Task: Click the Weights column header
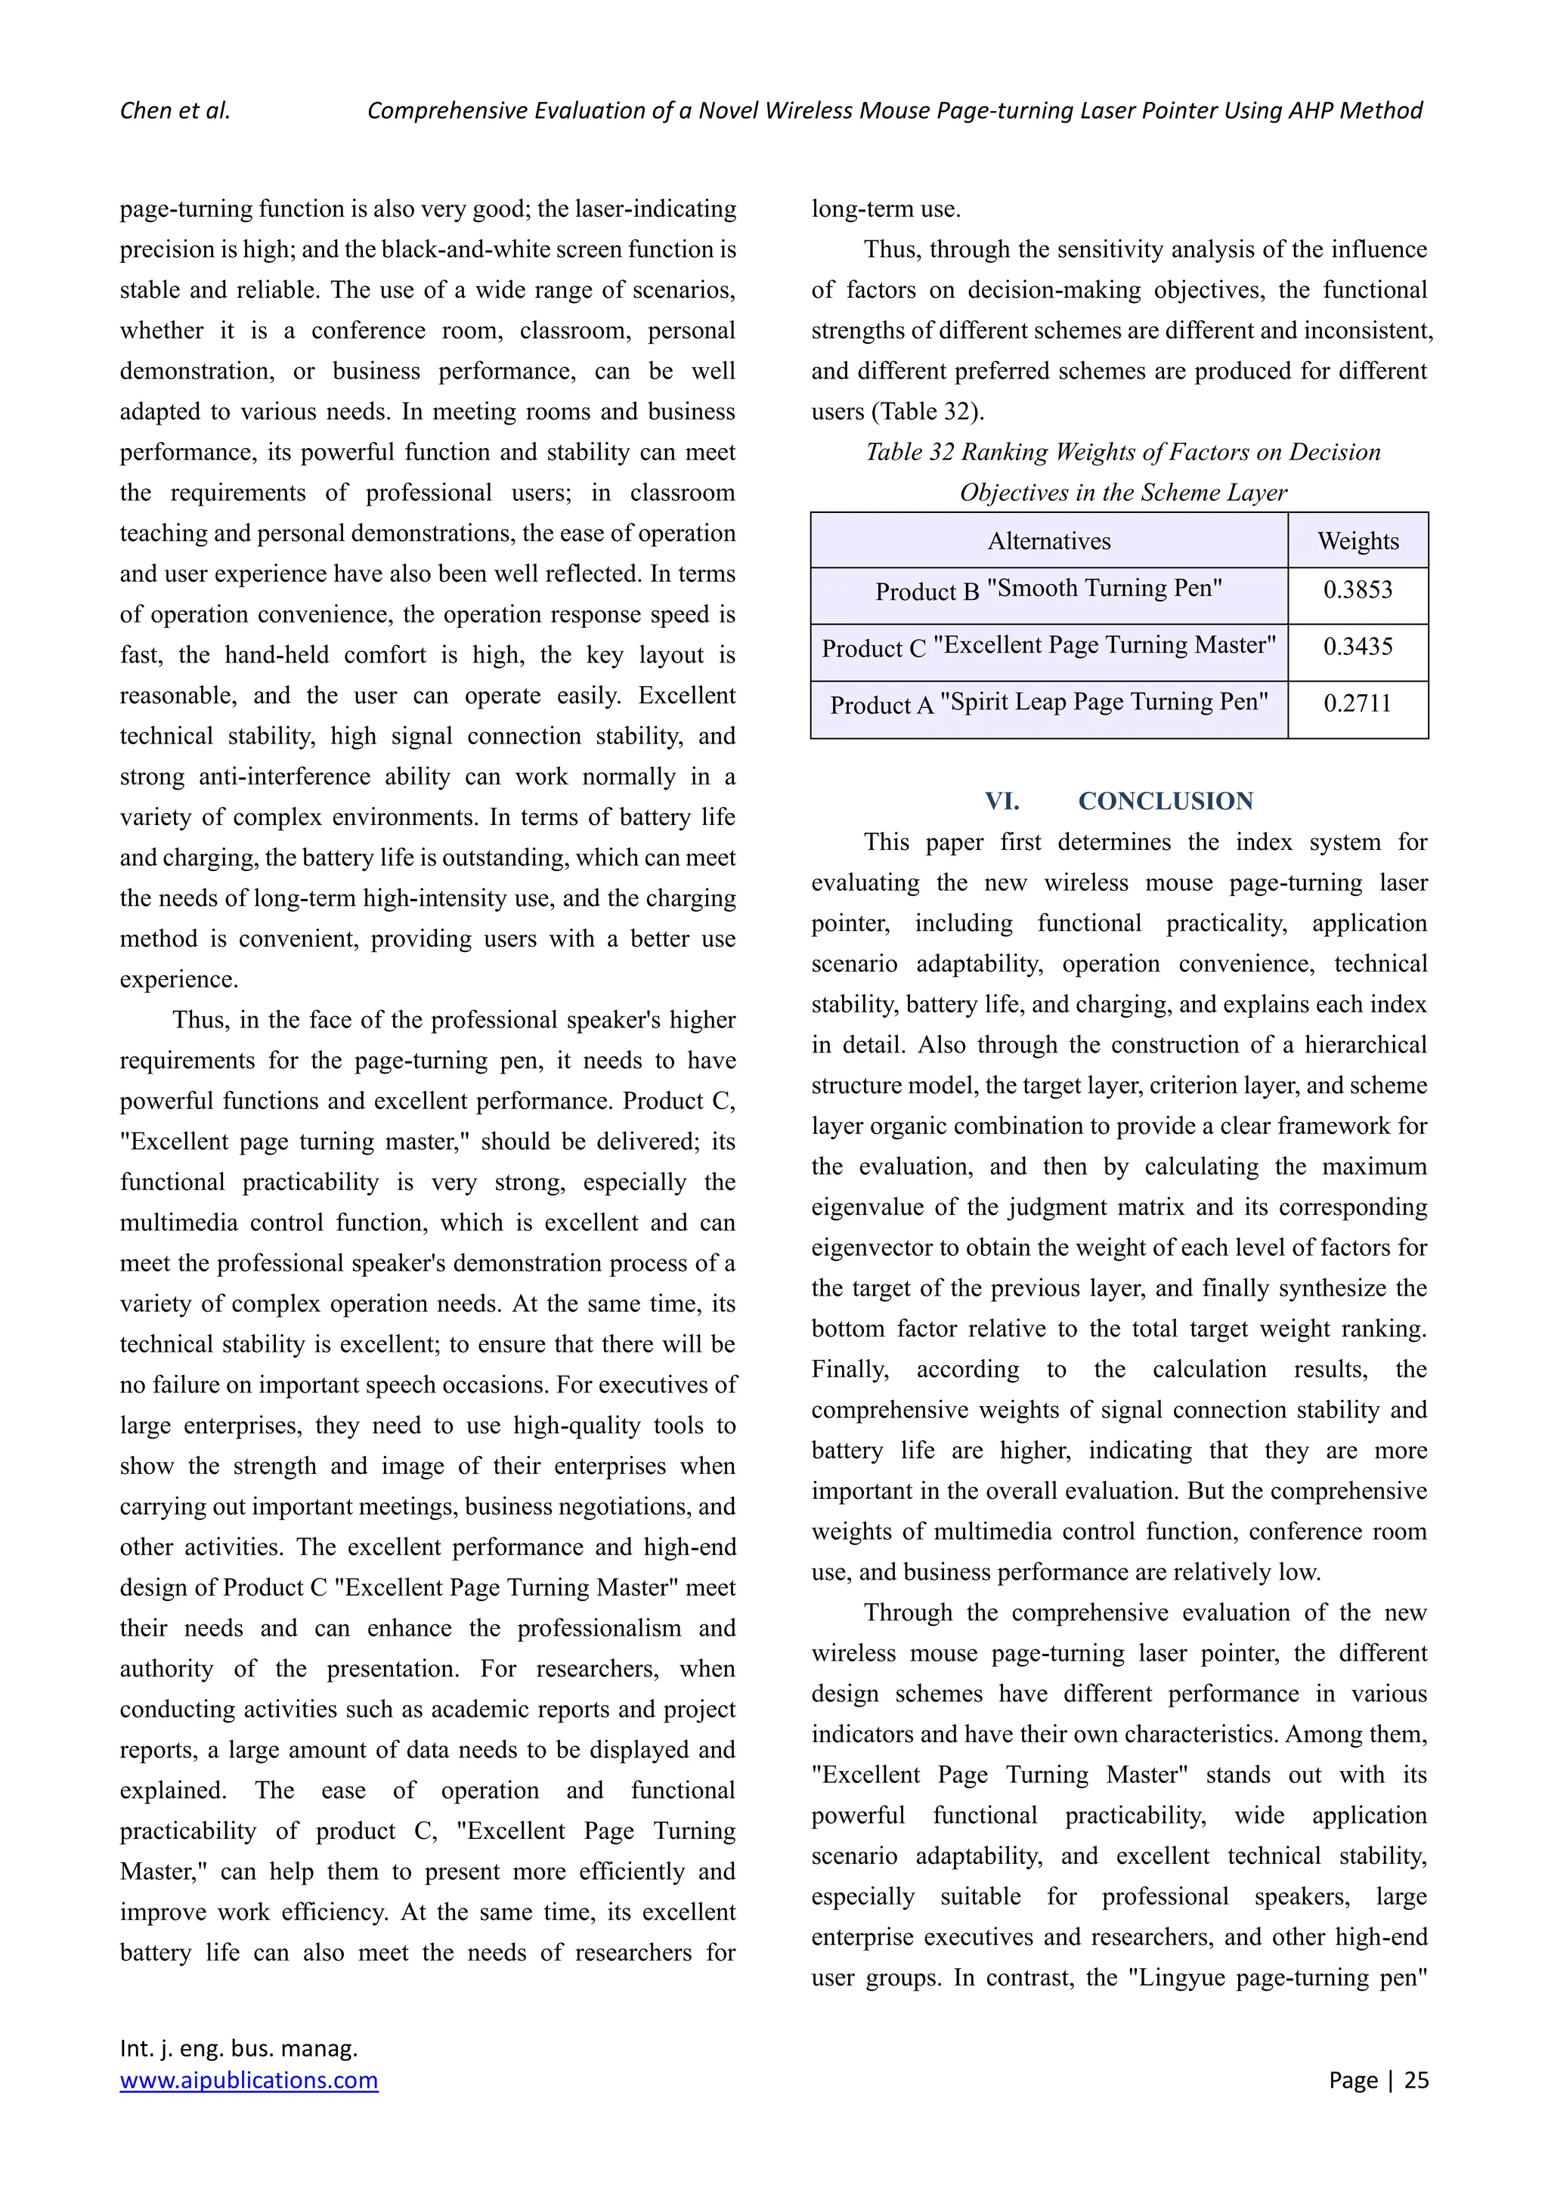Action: click(1358, 541)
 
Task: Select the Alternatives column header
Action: click(1048, 541)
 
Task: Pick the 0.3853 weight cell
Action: click(1358, 590)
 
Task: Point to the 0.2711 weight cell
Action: click(1358, 704)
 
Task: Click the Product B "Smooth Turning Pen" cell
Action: click(1048, 590)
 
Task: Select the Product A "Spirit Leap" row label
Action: click(1048, 704)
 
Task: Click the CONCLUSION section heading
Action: click(1165, 802)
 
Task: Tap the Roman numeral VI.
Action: click(1002, 802)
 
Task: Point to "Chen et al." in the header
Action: click(175, 110)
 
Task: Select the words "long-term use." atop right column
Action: click(886, 209)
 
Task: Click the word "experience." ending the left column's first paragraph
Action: click(178, 980)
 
